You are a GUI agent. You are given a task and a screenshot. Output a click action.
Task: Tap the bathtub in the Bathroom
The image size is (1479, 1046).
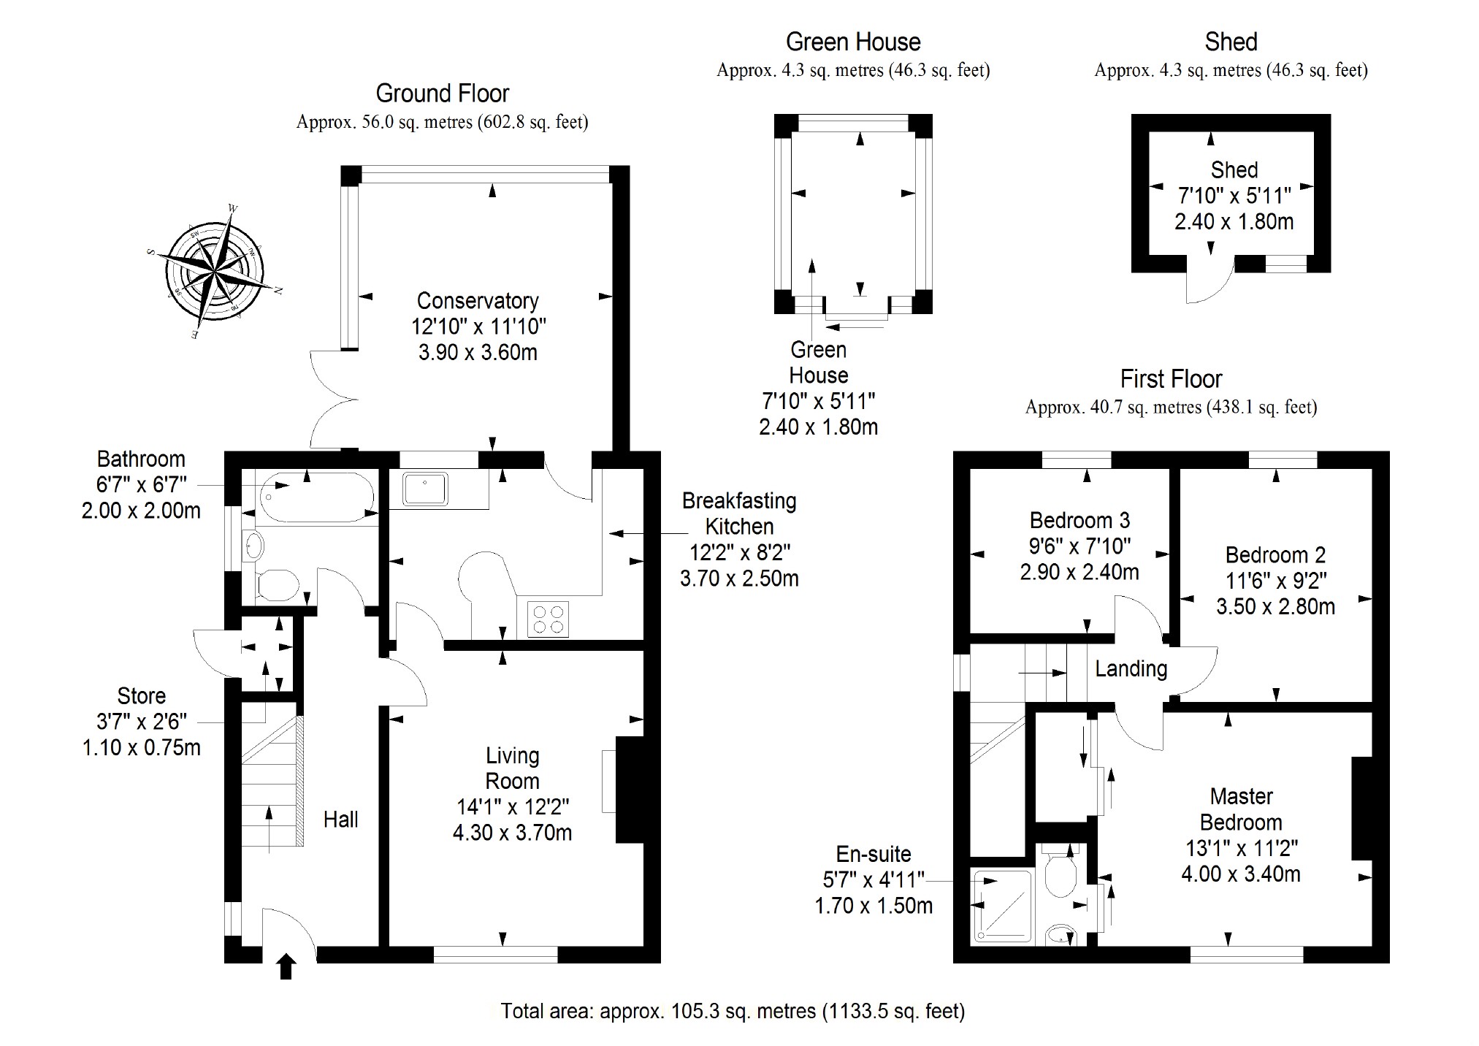316,497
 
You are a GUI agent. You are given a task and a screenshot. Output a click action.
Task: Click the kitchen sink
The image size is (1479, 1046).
425,488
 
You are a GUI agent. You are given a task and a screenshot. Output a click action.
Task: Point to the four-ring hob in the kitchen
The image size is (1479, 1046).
548,619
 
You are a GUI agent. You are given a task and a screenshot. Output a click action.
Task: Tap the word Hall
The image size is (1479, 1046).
340,820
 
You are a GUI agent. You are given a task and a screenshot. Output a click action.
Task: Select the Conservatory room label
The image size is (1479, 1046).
478,301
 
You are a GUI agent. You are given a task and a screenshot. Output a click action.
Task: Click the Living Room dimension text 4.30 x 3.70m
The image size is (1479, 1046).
512,833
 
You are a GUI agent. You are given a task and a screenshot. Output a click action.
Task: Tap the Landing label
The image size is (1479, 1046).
1131,668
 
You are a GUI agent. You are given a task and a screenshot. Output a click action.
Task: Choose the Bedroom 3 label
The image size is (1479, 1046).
1079,520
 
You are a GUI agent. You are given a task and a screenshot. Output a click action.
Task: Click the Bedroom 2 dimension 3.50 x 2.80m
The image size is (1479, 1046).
1275,606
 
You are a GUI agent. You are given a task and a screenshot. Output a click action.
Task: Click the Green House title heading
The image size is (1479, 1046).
853,42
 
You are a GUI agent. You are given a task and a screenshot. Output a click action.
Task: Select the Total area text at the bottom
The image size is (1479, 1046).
733,1011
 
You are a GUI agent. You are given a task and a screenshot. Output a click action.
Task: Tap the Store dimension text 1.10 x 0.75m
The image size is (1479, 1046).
141,747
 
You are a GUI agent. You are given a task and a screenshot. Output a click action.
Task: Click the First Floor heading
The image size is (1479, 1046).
1171,379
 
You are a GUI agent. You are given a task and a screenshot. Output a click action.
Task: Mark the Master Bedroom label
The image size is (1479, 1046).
1241,809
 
